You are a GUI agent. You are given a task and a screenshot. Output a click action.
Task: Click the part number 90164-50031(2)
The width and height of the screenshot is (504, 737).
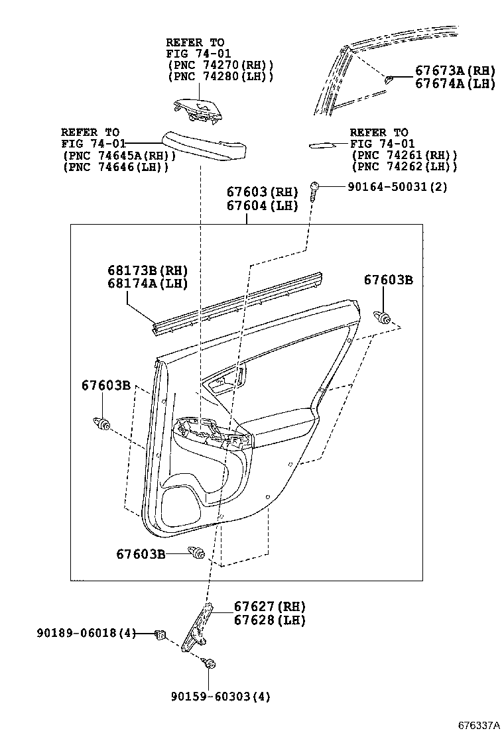click(x=397, y=187)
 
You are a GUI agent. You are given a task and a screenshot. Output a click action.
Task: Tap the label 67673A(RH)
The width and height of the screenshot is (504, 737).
click(x=455, y=71)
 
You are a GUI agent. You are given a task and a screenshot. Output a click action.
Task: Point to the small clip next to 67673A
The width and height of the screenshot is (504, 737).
click(x=390, y=78)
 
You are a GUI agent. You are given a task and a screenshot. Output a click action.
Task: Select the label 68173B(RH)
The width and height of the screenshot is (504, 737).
click(x=147, y=270)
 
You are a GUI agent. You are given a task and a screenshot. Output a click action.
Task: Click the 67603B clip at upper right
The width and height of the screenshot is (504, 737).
click(x=381, y=316)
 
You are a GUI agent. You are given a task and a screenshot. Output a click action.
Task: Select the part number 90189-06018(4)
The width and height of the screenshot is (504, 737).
click(x=86, y=634)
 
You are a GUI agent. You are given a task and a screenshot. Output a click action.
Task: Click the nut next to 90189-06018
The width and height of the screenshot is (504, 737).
click(x=159, y=635)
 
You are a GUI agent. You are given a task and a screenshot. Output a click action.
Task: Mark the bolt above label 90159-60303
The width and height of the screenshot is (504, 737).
click(x=210, y=663)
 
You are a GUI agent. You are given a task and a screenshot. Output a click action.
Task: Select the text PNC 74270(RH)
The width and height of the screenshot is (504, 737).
click(x=220, y=65)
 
